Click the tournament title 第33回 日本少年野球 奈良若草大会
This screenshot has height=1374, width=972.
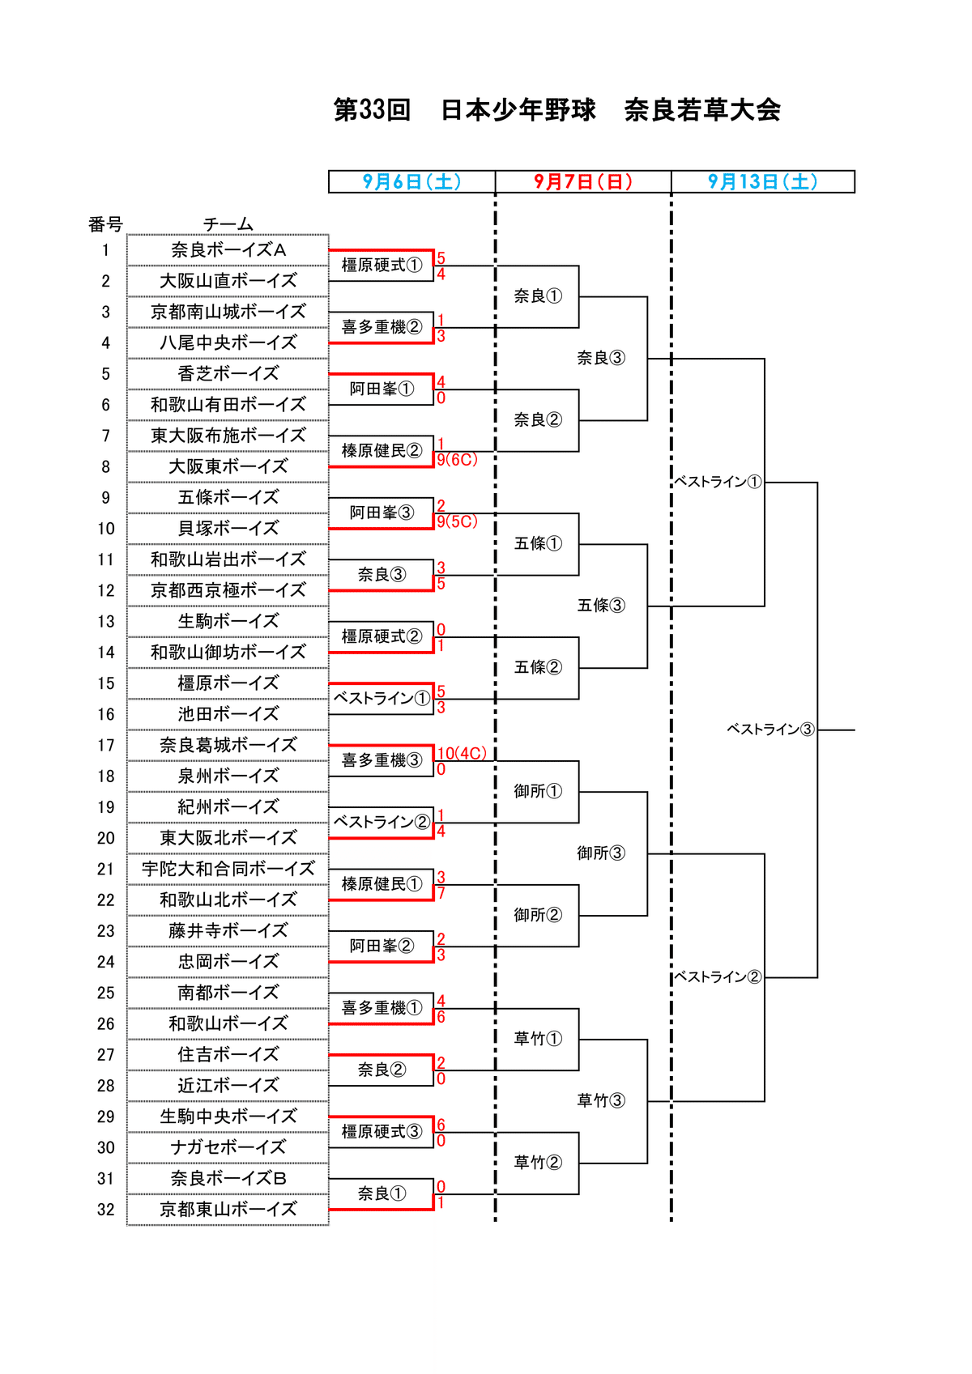556,110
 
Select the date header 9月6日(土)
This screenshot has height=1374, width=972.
411,181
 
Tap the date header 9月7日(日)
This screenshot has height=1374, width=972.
583,181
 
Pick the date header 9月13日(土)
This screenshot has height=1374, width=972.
762,181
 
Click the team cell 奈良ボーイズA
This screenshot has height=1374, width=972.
228,250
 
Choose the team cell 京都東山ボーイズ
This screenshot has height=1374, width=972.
228,1210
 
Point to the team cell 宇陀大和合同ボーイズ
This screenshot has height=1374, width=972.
228,869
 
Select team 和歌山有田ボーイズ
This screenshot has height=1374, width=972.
228,405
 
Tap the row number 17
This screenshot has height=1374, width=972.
106,746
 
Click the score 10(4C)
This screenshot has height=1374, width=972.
462,754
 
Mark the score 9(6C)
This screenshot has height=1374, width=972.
458,460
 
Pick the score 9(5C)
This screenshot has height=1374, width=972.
458,522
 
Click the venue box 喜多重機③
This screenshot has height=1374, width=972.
382,760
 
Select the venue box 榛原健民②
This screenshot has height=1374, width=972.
382,451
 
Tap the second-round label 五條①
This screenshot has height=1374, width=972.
538,544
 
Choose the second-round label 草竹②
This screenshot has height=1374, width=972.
538,1163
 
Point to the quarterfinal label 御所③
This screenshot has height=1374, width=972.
601,853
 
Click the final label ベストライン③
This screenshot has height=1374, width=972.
770,730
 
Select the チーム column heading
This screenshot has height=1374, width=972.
228,224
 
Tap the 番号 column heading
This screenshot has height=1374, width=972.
105,224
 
